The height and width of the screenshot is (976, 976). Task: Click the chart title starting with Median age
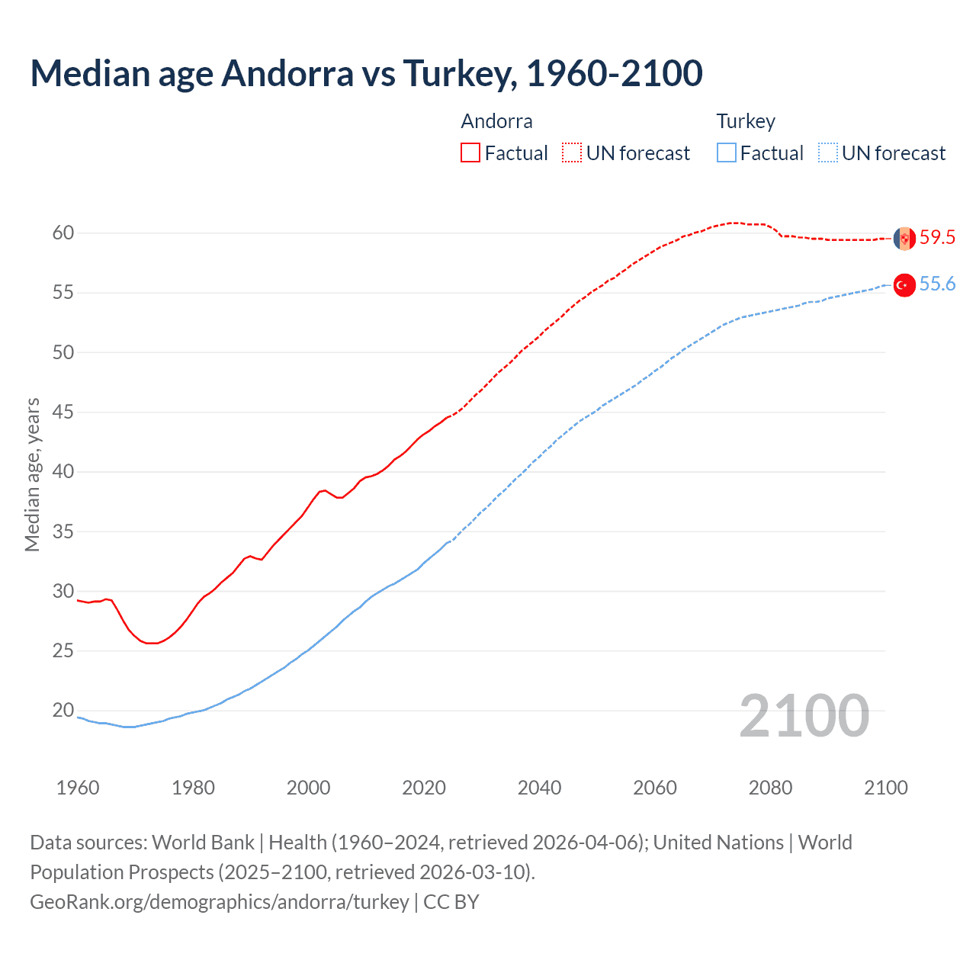tap(366, 73)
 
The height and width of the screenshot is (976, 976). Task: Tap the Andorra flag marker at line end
tap(904, 238)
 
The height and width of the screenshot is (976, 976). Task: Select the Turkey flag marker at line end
tap(904, 285)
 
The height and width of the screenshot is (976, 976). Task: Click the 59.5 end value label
tap(937, 237)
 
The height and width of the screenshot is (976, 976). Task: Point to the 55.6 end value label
tap(937, 284)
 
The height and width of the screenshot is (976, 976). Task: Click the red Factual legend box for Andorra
tap(470, 153)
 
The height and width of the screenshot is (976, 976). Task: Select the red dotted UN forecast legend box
tap(572, 153)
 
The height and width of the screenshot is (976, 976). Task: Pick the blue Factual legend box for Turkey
tap(727, 153)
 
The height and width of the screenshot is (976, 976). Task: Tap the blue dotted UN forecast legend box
tap(827, 153)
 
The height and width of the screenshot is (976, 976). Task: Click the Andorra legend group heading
tap(496, 121)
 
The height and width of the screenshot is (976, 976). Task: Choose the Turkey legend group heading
tap(745, 121)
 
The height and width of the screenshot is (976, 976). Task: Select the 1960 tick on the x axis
tap(78, 788)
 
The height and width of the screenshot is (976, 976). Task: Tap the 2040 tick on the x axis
tap(539, 788)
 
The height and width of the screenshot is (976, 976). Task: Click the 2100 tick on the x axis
tap(885, 788)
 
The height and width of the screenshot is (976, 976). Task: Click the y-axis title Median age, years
tap(32, 474)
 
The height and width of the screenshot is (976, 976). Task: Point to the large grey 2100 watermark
tap(804, 716)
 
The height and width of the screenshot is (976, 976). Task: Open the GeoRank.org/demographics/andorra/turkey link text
tap(220, 902)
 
